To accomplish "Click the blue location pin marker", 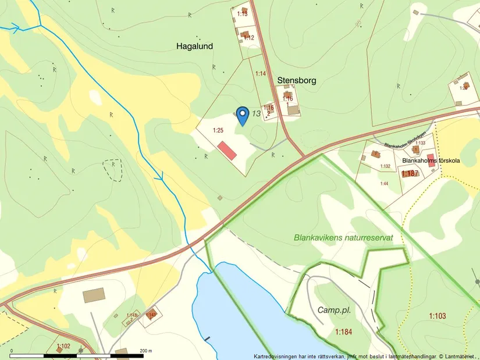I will (x=243, y=115).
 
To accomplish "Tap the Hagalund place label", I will (x=194, y=45).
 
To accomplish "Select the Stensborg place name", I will (x=297, y=80).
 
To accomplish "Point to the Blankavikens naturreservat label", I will (x=344, y=238).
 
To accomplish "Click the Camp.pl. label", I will (x=334, y=310).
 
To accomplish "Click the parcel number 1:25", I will (x=218, y=130).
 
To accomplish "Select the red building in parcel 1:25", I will (x=227, y=150).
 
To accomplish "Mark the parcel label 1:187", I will (x=410, y=173).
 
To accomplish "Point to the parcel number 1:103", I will (x=438, y=316).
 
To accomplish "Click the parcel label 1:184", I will (x=344, y=332).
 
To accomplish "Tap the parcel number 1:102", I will (x=63, y=346).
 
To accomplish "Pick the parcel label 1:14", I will (x=261, y=74).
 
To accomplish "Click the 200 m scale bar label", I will (x=145, y=351).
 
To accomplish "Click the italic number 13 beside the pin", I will (x=257, y=113).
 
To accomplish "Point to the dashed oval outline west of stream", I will (x=112, y=170).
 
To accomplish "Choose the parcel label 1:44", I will (x=384, y=184).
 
